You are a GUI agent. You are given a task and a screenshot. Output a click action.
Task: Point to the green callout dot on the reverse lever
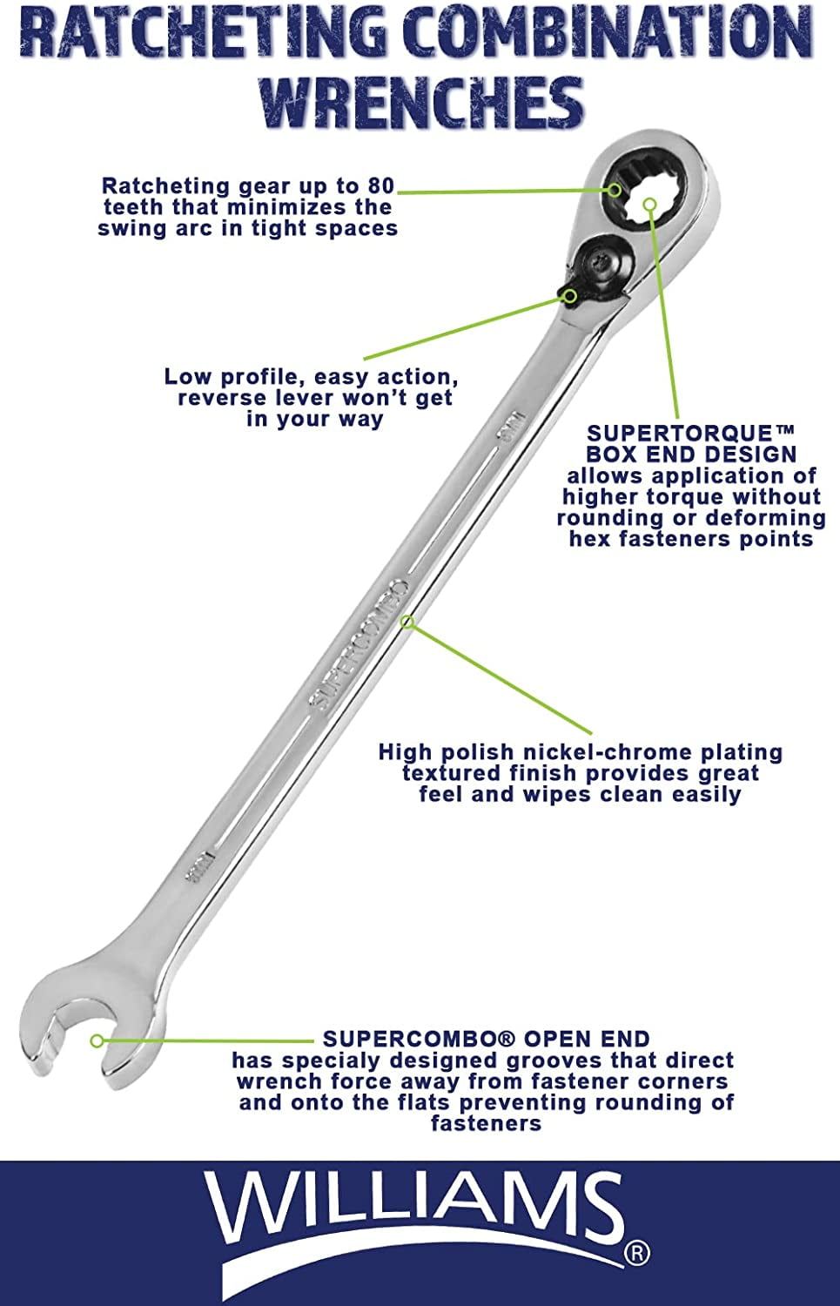coord(570,295)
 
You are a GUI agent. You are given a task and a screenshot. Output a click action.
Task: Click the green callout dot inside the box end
coord(649,204)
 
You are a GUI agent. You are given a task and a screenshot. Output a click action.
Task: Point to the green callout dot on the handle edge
coord(407,622)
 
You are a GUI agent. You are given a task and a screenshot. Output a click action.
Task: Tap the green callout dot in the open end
coord(97,1040)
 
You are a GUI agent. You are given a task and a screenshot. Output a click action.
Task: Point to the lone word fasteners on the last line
coord(486,1123)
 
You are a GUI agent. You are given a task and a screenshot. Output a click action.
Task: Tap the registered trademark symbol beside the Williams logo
coord(636,1253)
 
